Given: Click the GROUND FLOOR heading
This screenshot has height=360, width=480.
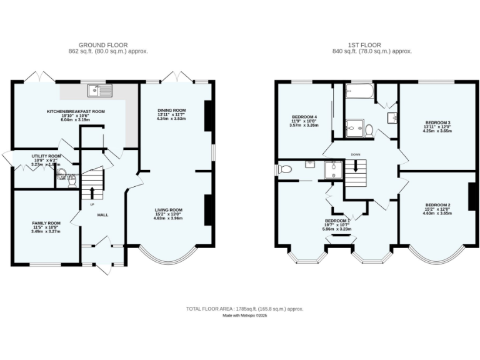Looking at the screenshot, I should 103,45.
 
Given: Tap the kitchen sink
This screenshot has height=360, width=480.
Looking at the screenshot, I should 100,91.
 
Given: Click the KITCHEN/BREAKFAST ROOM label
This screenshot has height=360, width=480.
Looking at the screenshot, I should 76,111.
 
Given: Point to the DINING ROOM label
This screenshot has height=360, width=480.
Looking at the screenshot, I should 171,111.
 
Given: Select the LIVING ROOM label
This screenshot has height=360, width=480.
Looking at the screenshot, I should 169,210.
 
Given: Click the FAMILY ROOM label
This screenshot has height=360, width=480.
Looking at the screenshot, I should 46,223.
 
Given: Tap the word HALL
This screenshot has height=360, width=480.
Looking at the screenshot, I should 102,215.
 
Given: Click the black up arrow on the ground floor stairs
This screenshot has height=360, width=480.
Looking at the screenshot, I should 92,191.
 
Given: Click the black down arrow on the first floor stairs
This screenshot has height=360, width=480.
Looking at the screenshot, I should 356,166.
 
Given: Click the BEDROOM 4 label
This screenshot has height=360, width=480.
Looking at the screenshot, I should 304,117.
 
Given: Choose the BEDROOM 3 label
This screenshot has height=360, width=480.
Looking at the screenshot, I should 437,122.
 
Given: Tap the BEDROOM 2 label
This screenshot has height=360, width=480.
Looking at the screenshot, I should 437,205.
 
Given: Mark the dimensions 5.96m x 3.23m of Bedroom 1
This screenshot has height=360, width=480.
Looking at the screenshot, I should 337,229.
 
